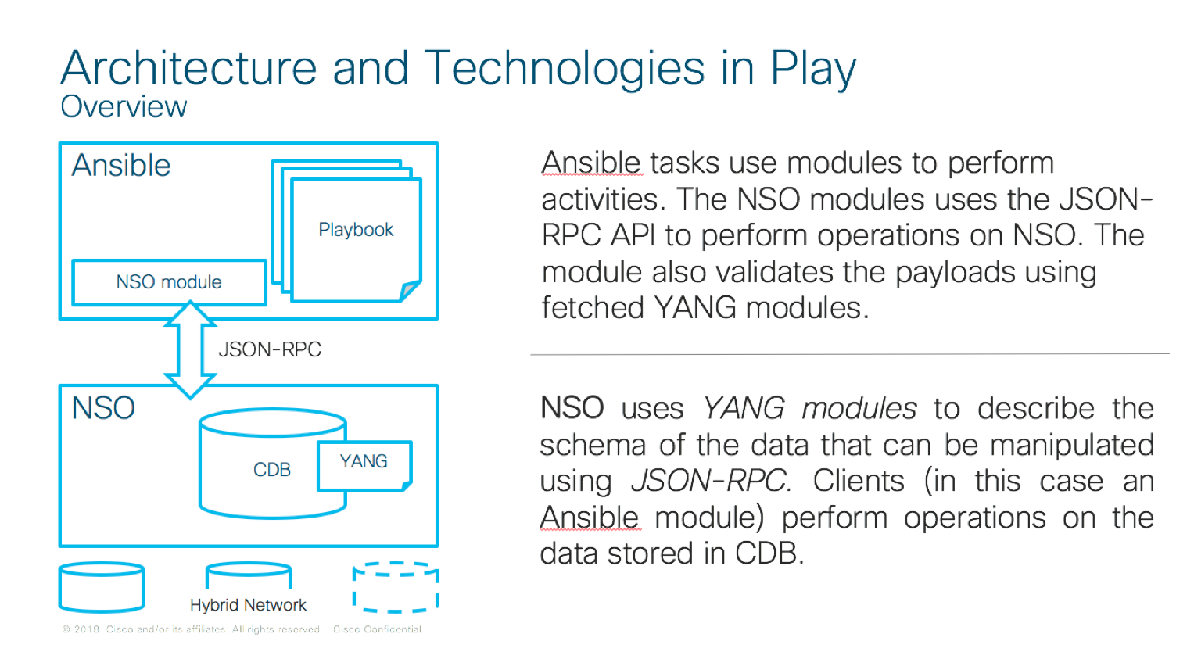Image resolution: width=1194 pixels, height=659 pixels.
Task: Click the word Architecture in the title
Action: tap(188, 68)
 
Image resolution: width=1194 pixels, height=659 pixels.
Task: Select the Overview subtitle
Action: tap(124, 107)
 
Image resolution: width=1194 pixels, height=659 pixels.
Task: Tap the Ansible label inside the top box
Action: tap(121, 166)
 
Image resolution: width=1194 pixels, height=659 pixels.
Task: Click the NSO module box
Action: tap(169, 282)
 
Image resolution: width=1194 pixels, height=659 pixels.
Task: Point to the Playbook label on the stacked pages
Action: tap(356, 230)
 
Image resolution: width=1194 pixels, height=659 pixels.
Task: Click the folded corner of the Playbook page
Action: tap(409, 292)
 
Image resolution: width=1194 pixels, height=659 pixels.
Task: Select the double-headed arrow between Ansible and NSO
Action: tap(190, 349)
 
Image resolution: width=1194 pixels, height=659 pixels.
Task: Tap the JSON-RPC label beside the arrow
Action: tap(270, 349)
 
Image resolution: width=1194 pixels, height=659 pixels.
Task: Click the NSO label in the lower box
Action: tap(103, 408)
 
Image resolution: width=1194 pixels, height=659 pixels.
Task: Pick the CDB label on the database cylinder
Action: tap(271, 470)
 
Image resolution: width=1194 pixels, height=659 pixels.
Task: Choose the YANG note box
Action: tap(364, 464)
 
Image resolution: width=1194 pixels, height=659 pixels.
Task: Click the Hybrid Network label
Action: tap(248, 605)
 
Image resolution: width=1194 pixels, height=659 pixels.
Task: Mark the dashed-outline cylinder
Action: tap(395, 587)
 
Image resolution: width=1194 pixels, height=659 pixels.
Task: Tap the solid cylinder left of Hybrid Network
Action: tap(102, 587)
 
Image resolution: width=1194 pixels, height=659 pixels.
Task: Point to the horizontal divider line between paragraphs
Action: tap(849, 354)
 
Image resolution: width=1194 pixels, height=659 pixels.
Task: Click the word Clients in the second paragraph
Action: tap(858, 481)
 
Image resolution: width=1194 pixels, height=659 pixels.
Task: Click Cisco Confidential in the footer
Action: tap(377, 629)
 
